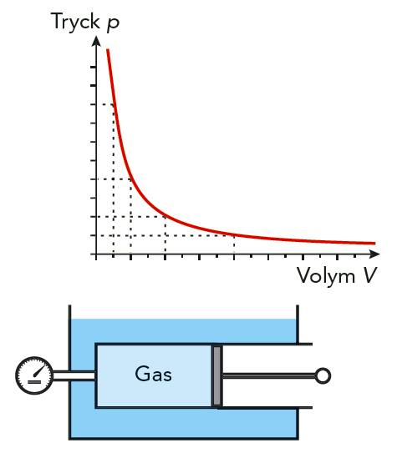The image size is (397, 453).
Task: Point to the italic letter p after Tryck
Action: (113, 23)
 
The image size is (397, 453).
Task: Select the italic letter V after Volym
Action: (369, 275)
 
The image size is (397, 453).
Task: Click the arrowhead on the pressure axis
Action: (96, 41)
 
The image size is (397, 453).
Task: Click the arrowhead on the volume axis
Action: (374, 254)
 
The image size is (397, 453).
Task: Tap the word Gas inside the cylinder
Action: (153, 374)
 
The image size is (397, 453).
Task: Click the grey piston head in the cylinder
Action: (217, 375)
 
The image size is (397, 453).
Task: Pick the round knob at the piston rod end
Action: (323, 375)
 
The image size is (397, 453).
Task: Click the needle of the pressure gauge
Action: (40, 370)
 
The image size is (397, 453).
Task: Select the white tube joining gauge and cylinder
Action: (74, 375)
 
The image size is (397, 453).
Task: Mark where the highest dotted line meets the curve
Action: (114, 104)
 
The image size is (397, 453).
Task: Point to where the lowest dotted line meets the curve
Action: (234, 235)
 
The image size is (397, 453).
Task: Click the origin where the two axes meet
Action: (96, 254)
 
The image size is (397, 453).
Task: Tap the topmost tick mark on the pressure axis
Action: (93, 67)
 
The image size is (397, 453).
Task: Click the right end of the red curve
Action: (375, 244)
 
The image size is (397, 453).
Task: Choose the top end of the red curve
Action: (108, 50)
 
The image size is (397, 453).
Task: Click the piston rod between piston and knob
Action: (268, 375)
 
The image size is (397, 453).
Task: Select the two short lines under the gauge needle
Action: (34, 382)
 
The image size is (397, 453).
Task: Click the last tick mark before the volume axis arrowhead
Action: (354, 256)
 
